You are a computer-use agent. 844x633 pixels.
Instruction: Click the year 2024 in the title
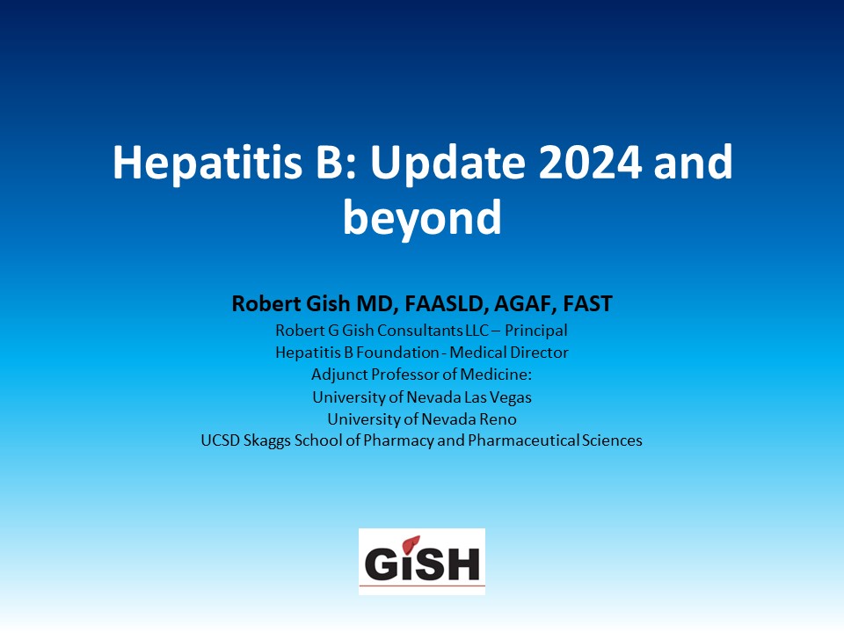[x=590, y=162]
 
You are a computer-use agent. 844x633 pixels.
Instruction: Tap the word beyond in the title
[x=423, y=219]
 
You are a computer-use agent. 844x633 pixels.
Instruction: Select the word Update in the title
[x=447, y=163]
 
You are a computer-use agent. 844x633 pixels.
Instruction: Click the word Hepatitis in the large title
[x=207, y=163]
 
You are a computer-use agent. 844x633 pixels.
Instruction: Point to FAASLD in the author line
[x=447, y=304]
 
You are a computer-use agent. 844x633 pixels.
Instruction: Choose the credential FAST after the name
[x=588, y=303]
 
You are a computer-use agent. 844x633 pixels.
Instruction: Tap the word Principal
[x=536, y=331]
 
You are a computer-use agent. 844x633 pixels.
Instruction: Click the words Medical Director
[x=509, y=353]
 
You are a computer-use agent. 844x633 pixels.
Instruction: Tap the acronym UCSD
[x=220, y=440]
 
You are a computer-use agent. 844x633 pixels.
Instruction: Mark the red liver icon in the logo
[x=411, y=544]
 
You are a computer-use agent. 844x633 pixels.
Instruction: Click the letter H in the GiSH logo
[x=462, y=564]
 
